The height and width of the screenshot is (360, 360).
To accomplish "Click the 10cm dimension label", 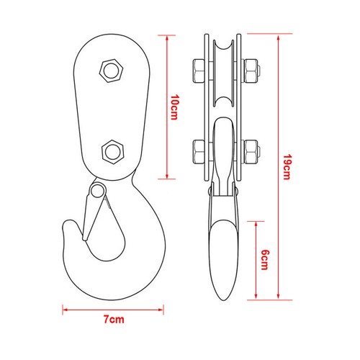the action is coord(174,107).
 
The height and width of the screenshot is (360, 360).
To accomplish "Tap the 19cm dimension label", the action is coord(287,167).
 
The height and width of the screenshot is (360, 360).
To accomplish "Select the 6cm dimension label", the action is coord(265,260).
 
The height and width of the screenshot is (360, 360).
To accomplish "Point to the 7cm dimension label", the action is coord(114,320).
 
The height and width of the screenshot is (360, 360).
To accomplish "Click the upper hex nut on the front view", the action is coord(111,71).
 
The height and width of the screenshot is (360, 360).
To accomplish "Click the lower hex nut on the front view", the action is coord(113,152).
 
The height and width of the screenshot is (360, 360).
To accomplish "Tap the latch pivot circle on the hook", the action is coord(96,191).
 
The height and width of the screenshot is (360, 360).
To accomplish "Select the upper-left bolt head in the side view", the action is coord(199,71).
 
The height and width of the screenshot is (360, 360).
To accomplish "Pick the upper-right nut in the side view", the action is coord(251,71).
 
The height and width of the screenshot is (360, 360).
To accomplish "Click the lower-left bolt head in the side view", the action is coord(199,152).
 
